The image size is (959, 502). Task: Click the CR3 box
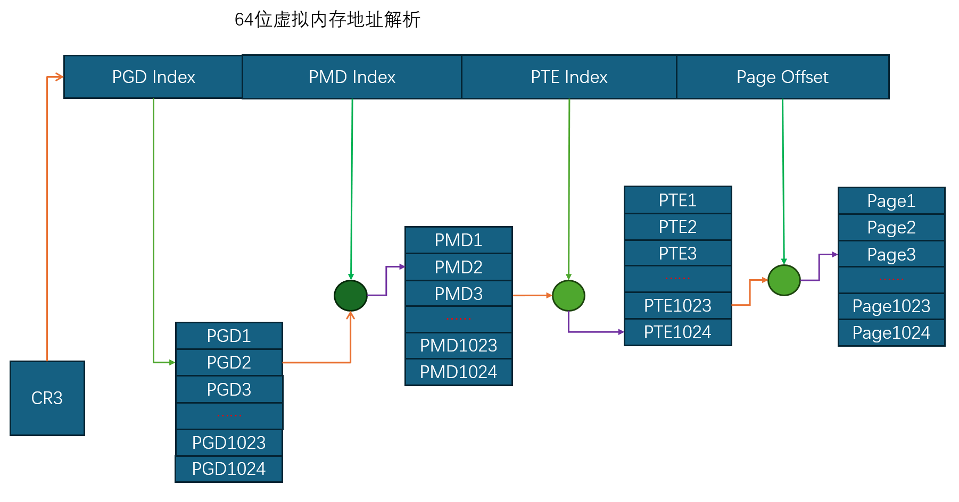[x=47, y=398]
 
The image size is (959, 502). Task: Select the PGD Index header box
[x=153, y=77]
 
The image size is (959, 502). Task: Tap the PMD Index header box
[x=352, y=77]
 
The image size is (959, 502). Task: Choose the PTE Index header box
[x=569, y=77]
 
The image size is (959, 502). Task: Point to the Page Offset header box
[x=782, y=77]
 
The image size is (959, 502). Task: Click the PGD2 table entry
[x=229, y=363]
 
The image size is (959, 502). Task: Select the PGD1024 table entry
[x=229, y=469]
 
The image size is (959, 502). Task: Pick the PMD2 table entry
[x=459, y=267]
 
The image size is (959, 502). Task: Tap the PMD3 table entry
[x=459, y=294]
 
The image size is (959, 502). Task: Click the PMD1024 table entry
[x=459, y=372]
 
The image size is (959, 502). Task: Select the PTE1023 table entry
[x=678, y=306]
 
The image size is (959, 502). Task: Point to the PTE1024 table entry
[x=678, y=332]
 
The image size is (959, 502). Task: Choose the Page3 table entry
[x=891, y=254]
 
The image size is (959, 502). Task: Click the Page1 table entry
[x=891, y=200]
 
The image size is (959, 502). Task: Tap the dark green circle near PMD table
[x=351, y=296]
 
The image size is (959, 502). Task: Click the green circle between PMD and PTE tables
[x=568, y=296]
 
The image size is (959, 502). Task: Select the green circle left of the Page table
[x=784, y=280]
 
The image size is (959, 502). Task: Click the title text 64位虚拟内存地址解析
[x=327, y=20]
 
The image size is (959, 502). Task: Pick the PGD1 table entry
[x=229, y=336]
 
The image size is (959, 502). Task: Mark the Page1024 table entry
[x=891, y=333]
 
